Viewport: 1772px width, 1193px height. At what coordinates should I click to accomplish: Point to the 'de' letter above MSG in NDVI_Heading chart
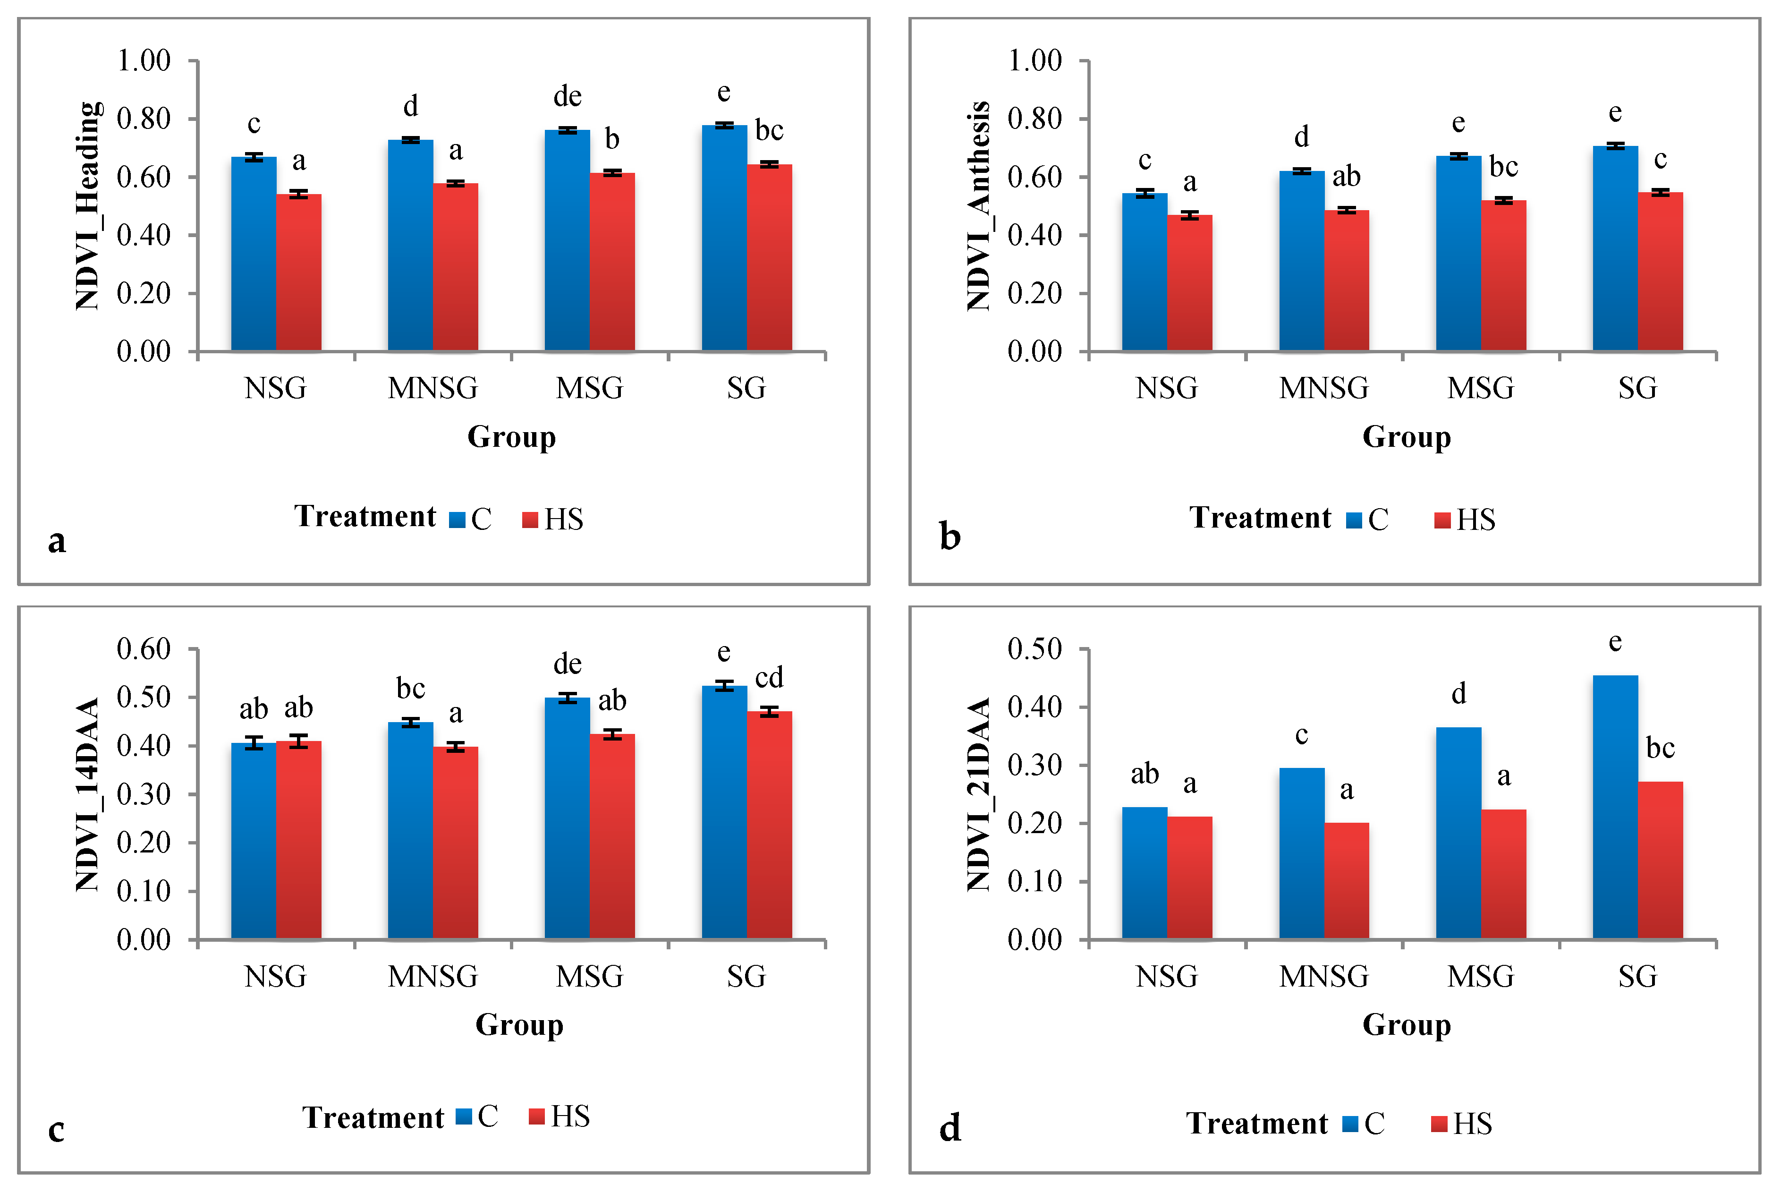pos(568,97)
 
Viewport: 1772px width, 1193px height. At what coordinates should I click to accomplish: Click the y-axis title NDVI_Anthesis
pos(979,205)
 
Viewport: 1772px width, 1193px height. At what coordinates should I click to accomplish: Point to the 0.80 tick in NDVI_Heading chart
pos(144,119)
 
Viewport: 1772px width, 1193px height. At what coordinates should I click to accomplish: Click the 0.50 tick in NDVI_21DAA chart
pos(1034,649)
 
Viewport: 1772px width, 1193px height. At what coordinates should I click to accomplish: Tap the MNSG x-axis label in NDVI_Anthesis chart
pos(1323,388)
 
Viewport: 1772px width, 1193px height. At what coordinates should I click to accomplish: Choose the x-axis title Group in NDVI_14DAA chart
pos(519,1025)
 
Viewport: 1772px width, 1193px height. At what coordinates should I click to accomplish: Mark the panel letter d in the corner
pos(950,1127)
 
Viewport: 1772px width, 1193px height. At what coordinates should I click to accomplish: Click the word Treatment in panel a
pos(365,517)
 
